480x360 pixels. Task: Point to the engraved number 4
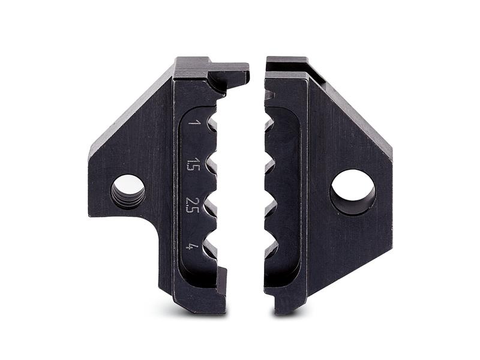[x=192, y=246]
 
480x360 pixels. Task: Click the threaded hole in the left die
[x=128, y=192]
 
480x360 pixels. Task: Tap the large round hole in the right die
[x=352, y=192]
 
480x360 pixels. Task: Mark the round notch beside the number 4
[x=211, y=247]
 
